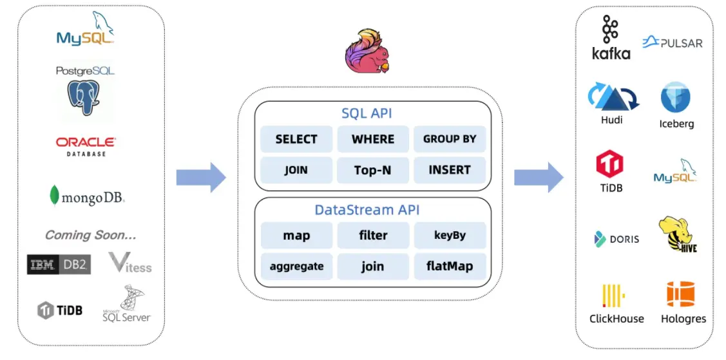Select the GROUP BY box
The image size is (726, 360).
[449, 139]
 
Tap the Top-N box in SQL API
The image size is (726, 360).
[372, 170]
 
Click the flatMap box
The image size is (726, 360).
[449, 266]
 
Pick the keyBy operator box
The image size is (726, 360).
[449, 235]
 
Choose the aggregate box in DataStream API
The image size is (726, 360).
[296, 266]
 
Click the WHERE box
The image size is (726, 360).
[372, 139]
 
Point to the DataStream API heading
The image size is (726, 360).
[367, 210]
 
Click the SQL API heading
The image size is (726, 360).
[367, 114]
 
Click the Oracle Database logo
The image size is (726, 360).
[86, 146]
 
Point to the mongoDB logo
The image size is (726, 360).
[86, 196]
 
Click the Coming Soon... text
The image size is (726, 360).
[90, 235]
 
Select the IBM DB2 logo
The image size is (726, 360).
[59, 264]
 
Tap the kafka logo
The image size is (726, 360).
[611, 39]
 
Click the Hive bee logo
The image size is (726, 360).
[677, 234]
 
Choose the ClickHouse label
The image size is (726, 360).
[616, 318]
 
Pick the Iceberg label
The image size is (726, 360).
[676, 124]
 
